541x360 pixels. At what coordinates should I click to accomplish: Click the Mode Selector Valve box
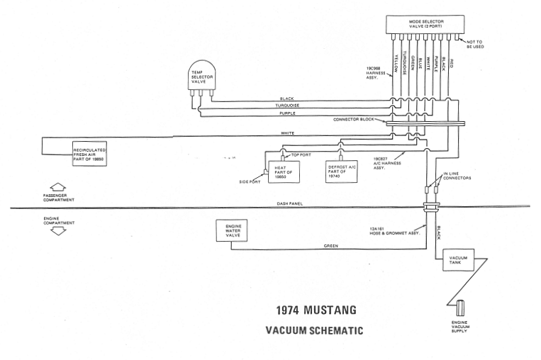426,25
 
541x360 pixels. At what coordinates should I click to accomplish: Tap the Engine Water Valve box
232,231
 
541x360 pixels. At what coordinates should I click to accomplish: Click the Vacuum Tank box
458,260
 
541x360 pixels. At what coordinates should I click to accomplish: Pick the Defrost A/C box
341,171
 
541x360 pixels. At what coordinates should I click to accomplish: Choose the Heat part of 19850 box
284,171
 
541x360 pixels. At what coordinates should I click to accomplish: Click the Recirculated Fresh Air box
89,154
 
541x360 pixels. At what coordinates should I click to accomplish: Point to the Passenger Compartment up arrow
58,188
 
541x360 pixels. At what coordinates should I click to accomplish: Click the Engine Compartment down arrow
58,231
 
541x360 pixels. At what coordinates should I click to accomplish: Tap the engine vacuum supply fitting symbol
460,308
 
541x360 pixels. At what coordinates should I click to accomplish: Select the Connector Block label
354,120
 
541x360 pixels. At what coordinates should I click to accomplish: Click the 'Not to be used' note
475,44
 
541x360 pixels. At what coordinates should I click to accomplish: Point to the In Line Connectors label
457,176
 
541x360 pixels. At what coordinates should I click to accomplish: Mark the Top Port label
301,155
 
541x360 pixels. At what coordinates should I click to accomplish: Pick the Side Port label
250,181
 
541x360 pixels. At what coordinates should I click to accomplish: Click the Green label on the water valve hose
331,246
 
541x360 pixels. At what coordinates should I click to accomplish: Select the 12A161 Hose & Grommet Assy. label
395,231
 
